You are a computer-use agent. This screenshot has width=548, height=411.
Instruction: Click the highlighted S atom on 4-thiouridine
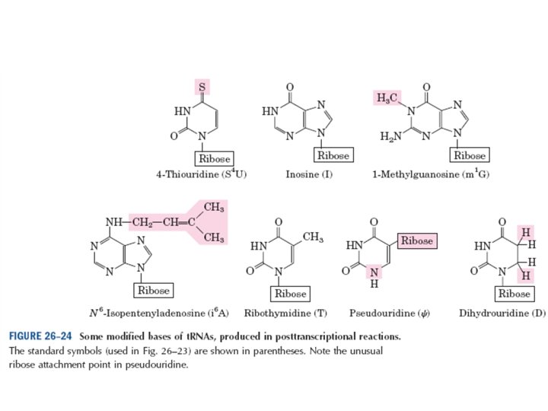[x=202, y=86]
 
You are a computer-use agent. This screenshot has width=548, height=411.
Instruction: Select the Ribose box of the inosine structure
[x=333, y=155]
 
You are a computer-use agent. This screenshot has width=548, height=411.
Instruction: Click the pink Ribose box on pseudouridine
[x=416, y=241]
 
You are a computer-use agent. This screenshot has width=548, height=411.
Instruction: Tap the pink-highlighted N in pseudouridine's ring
[x=374, y=271]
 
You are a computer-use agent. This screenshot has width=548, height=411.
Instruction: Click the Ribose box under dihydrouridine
[x=513, y=293]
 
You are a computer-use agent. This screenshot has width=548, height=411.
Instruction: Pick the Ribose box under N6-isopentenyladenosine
[x=153, y=290]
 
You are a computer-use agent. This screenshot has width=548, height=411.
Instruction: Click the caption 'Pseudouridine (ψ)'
[x=384, y=313]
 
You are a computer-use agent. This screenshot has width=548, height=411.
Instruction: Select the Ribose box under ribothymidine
[x=289, y=293]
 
